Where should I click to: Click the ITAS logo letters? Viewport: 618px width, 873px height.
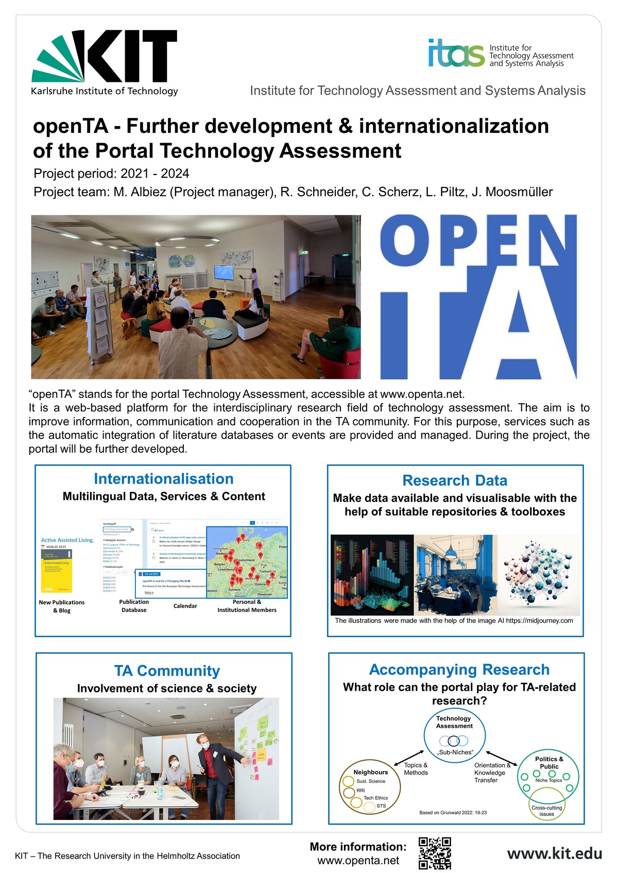456,53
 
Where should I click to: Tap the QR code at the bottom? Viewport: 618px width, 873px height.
435,853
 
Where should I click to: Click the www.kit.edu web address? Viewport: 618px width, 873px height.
554,853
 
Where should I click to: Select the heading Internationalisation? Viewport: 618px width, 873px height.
163,479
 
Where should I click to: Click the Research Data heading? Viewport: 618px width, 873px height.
455,480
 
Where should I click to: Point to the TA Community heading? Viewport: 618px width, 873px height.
167,671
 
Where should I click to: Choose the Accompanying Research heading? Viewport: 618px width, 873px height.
459,669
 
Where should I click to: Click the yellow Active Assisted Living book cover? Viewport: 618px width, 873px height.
57,571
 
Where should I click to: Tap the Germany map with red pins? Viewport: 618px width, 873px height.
247,562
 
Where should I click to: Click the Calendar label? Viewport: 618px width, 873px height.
185,606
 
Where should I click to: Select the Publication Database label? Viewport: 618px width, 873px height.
134,606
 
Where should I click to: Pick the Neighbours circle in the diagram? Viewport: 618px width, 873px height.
370,787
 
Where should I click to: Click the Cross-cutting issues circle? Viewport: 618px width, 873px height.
546,808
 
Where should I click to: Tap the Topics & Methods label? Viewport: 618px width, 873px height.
416,769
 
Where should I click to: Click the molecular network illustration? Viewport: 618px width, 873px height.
539,574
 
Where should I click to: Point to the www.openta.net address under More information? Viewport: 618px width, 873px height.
358,861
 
